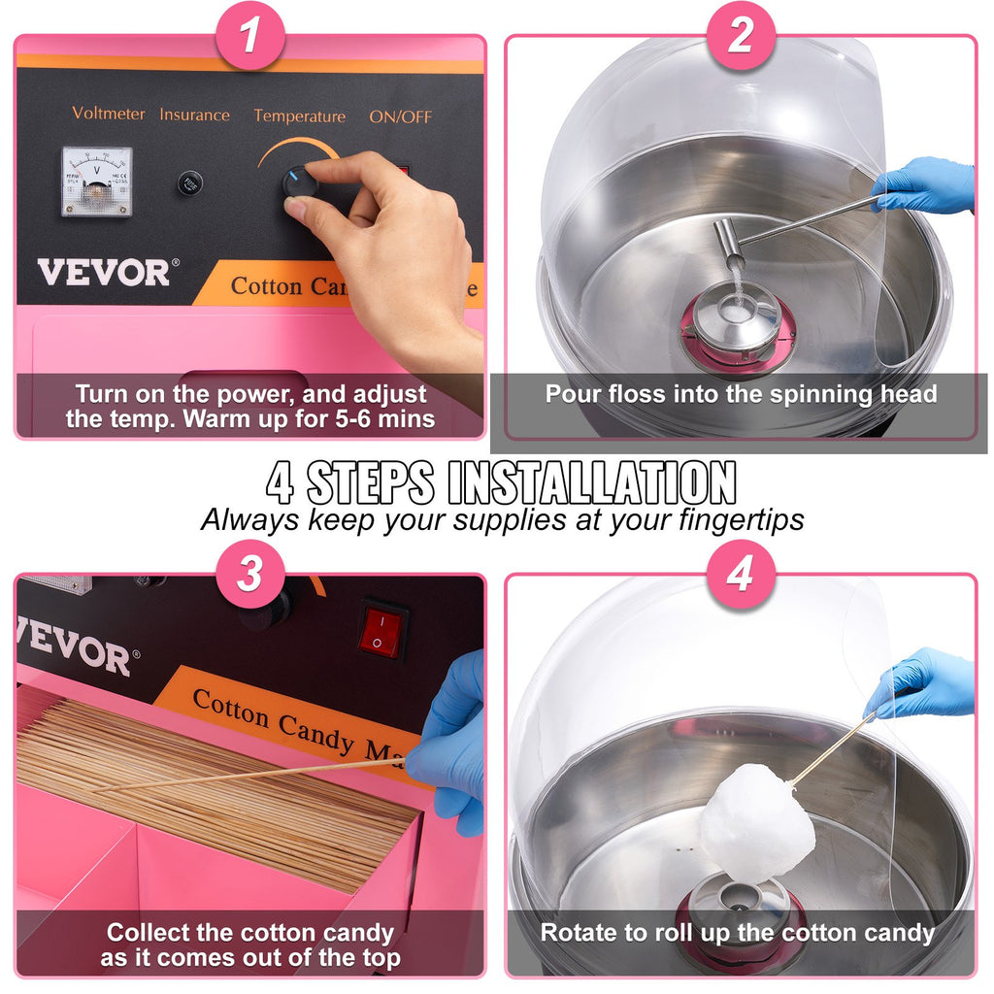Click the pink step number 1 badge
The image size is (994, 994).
click(x=250, y=38)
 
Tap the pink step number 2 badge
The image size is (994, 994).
click(x=740, y=38)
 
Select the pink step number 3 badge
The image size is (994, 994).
click(x=250, y=575)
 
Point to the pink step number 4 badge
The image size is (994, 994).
click(x=740, y=575)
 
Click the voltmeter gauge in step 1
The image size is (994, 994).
click(x=97, y=181)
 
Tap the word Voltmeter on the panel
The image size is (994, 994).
click(x=108, y=114)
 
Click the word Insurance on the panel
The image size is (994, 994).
click(x=195, y=115)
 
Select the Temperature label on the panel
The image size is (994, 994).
click(x=299, y=116)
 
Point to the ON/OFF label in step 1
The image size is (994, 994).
click(x=400, y=116)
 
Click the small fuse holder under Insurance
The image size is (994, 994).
click(x=190, y=182)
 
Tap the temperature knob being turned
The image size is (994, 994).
click(x=297, y=182)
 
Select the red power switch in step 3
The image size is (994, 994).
click(x=381, y=630)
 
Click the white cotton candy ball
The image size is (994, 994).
click(x=757, y=823)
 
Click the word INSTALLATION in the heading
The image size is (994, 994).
click(x=592, y=482)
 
